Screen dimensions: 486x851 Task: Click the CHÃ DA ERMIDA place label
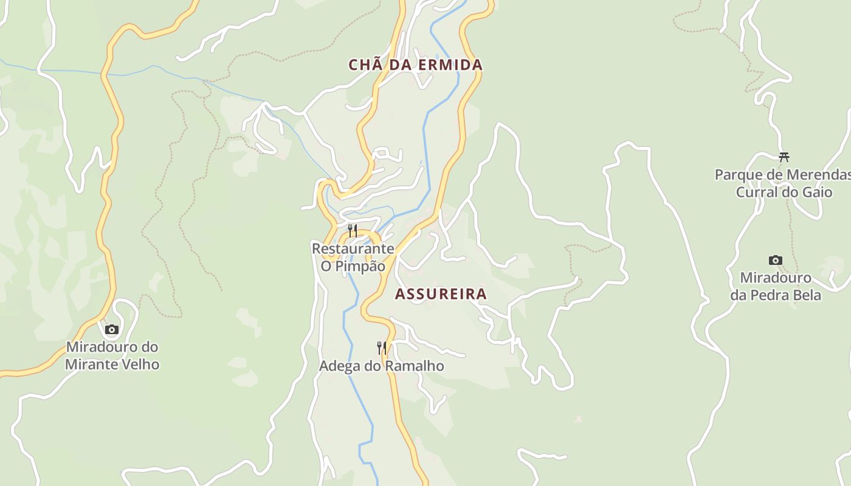tap(415, 65)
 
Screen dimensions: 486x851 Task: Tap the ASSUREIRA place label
tap(441, 294)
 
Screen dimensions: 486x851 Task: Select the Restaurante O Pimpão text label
tap(353, 258)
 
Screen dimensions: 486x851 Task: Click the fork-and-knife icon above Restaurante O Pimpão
tap(352, 230)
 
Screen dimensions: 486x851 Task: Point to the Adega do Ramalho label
tap(381, 366)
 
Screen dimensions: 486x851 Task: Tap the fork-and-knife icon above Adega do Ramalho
tap(381, 347)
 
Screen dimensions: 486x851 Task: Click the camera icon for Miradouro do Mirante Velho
tap(111, 329)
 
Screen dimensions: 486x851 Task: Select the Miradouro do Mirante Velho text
tap(112, 356)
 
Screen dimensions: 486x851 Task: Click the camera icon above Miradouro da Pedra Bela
tap(775, 260)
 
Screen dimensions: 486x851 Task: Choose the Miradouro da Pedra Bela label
tap(776, 287)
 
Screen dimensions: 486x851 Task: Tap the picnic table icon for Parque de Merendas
tap(784, 157)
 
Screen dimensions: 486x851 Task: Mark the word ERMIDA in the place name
tap(452, 65)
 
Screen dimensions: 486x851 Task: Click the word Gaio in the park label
tap(818, 193)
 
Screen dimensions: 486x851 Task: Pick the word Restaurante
tap(353, 249)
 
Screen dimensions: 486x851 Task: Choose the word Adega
tap(337, 366)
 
